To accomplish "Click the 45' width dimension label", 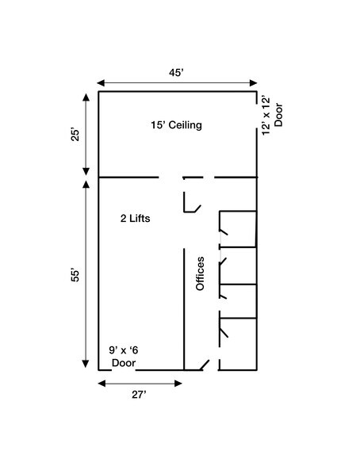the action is [176, 73].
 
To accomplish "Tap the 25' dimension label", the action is [76, 135].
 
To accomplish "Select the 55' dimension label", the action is [75, 276].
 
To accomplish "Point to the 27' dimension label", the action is [139, 395].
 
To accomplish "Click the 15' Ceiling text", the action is [176, 125].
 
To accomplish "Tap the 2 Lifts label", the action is [136, 219].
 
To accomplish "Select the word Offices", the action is [200, 273].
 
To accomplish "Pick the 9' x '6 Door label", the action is [124, 357].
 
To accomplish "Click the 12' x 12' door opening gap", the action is [257, 116].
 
